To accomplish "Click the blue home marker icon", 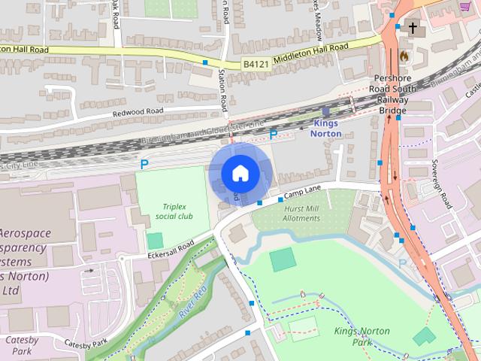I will [x=239, y=173].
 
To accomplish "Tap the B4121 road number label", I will [x=256, y=65].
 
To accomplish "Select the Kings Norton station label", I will [x=327, y=128].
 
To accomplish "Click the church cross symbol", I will [x=412, y=29].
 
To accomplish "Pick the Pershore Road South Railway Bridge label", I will [x=392, y=94].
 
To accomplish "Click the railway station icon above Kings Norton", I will [x=325, y=111].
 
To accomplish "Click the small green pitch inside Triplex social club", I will [x=155, y=241].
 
